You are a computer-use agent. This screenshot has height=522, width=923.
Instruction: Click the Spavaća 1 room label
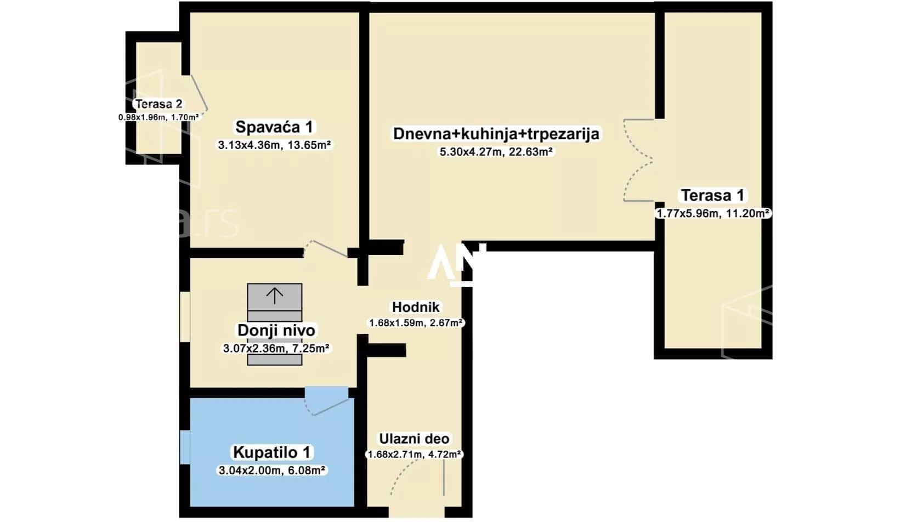274,127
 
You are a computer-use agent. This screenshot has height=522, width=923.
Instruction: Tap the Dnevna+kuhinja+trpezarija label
496,134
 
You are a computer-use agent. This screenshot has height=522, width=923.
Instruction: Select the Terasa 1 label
712,195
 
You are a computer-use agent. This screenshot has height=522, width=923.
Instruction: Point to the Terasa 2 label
158,104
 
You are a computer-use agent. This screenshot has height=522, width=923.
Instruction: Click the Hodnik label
416,307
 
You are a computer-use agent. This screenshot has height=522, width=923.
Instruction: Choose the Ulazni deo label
414,439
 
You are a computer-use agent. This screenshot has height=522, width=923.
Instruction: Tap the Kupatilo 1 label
271,452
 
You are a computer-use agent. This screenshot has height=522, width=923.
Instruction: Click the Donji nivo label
276,331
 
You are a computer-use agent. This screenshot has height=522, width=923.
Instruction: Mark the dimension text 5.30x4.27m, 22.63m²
496,152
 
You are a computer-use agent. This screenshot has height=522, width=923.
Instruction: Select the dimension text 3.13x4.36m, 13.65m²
274,145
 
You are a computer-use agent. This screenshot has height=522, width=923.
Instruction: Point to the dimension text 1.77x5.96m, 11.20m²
713,213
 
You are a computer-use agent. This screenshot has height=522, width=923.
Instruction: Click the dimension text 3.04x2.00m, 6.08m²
272,470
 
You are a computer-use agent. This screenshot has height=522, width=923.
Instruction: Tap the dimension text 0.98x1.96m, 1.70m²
158,117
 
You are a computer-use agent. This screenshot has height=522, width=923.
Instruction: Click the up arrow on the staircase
275,296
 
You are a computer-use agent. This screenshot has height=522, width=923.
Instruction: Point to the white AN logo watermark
456,264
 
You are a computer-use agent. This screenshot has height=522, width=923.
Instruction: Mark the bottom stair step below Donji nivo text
275,360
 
